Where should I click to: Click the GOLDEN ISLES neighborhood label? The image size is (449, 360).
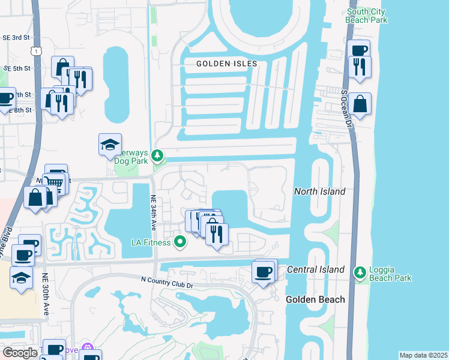click(x=227, y=64)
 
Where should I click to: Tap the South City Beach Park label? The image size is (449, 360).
click(x=367, y=15)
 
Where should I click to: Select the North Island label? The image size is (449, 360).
click(x=319, y=191)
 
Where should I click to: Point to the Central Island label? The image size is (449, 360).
click(x=316, y=269)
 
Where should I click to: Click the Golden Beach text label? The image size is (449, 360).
click(x=315, y=299)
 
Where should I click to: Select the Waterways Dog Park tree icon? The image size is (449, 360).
click(x=157, y=156)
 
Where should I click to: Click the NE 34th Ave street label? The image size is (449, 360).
click(x=154, y=215)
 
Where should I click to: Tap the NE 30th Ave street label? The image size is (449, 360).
click(x=46, y=295)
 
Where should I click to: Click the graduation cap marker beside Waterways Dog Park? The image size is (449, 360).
click(x=110, y=144)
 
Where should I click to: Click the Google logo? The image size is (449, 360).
click(x=20, y=353)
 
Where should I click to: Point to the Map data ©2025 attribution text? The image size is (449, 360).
click(x=423, y=355)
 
